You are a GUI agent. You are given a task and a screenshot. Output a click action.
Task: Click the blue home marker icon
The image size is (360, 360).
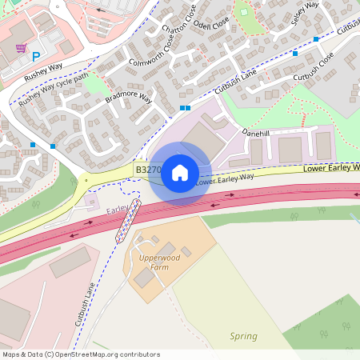180,172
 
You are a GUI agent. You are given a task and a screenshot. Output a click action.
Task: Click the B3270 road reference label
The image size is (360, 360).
148,170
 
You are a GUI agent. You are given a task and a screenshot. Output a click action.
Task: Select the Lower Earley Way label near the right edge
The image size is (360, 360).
330,169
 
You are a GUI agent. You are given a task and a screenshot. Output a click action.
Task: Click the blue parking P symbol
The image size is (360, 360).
35,56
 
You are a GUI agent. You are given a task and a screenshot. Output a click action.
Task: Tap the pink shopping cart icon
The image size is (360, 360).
21,48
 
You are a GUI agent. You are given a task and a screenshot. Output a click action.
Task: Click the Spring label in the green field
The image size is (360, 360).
244,336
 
